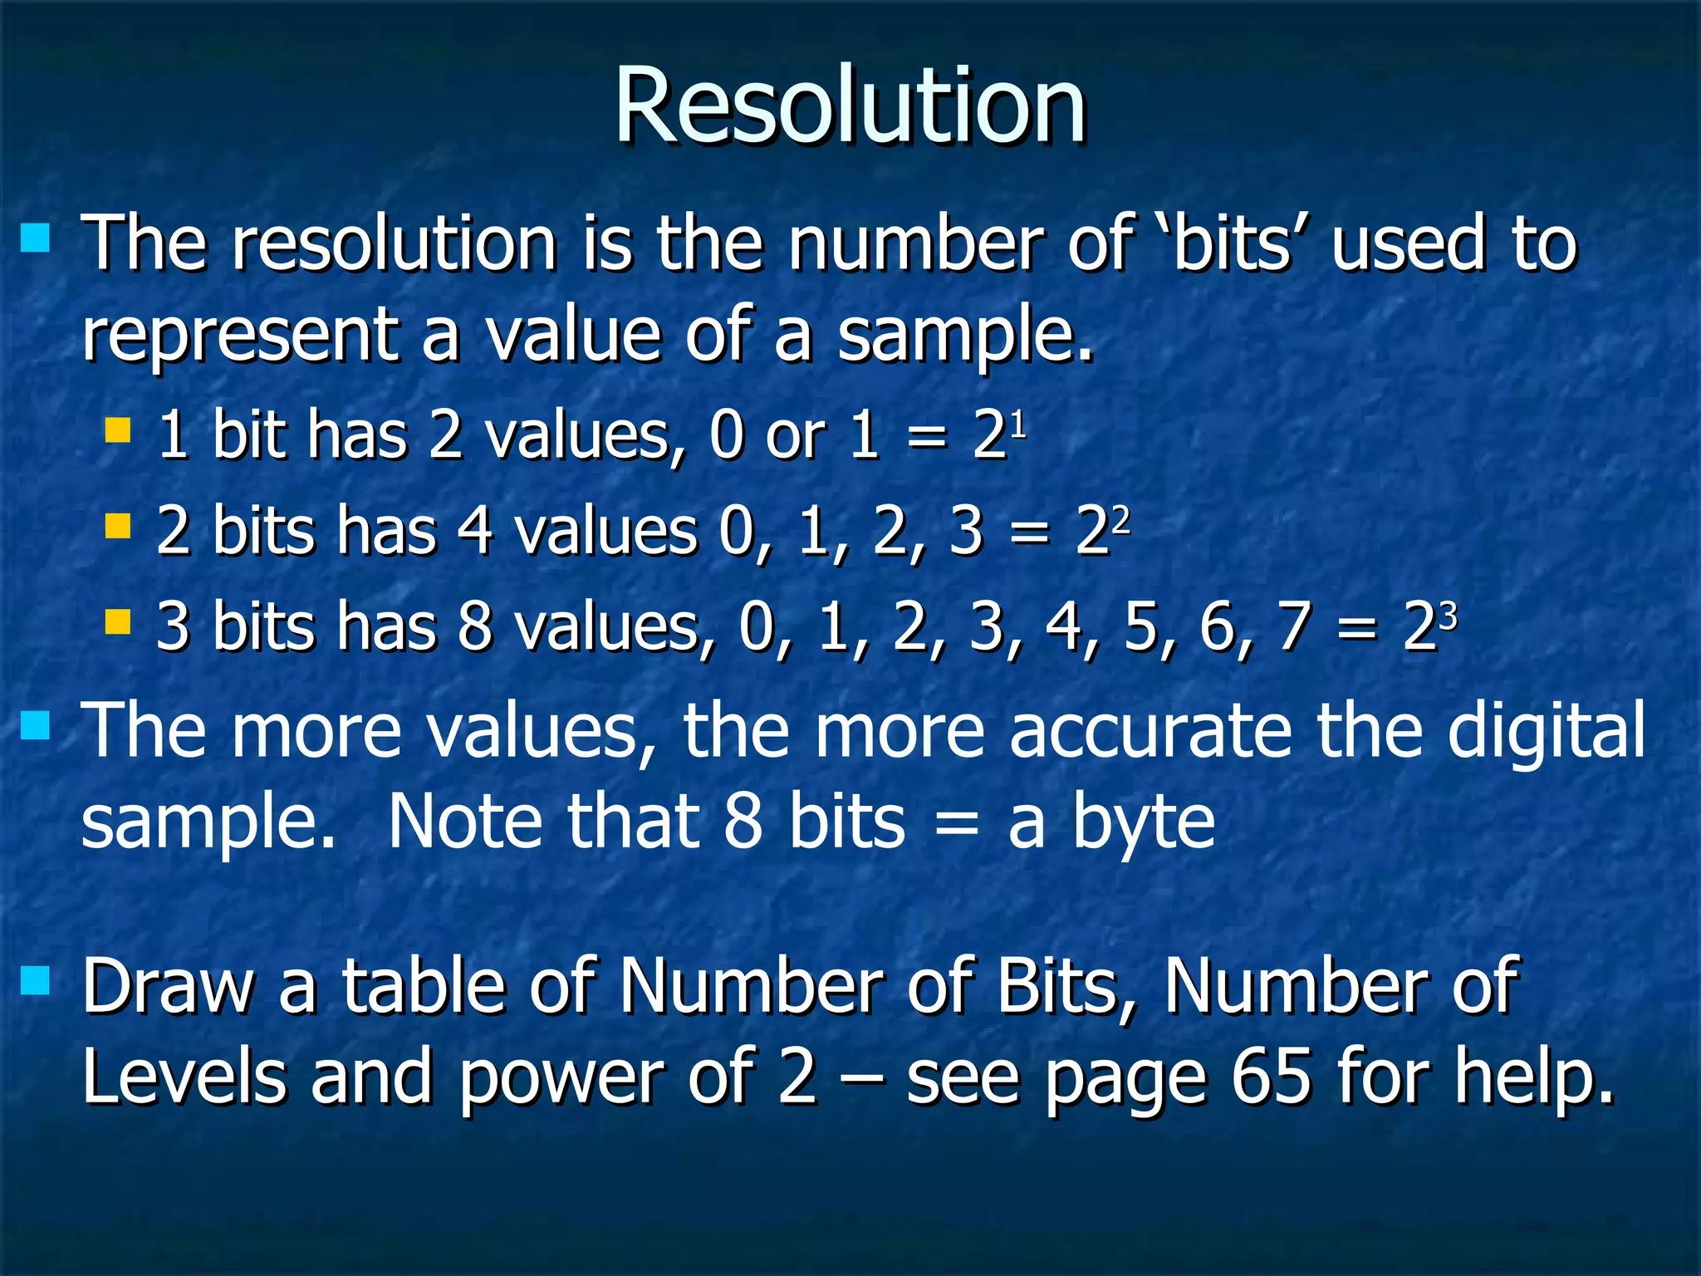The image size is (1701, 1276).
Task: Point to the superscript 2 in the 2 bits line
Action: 1121,520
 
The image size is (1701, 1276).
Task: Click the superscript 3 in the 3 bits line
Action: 1449,616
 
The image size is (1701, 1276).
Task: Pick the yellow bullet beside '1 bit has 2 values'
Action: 118,430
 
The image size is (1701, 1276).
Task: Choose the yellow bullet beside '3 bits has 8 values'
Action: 118,621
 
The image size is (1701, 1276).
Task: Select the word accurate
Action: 1150,731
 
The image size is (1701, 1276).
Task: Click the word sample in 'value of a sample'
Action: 963,336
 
